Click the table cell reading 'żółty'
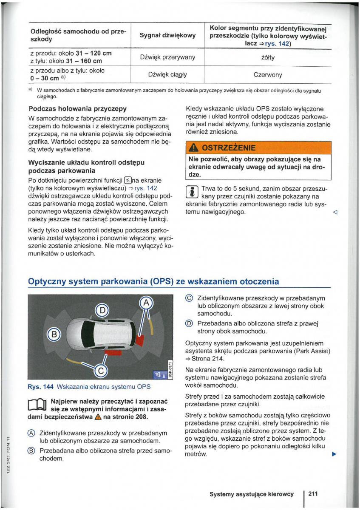(x=267, y=57)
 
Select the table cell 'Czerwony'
(x=267, y=75)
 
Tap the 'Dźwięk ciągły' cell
(x=167, y=75)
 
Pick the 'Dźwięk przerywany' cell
(x=167, y=57)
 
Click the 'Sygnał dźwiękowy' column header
(x=167, y=35)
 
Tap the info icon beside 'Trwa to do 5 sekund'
(x=191, y=192)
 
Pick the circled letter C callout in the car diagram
(x=100, y=371)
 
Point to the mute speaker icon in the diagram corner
(x=158, y=374)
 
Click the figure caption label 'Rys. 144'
(x=39, y=387)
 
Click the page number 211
(x=313, y=493)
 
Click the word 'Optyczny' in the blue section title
(x=48, y=281)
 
